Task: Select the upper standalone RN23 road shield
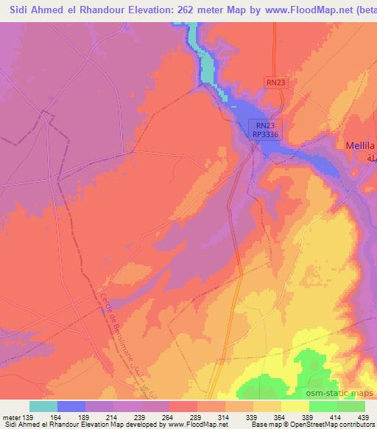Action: click(x=275, y=83)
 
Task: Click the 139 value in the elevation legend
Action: click(x=29, y=419)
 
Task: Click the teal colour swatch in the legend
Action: click(x=43, y=406)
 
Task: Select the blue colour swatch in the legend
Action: click(x=71, y=406)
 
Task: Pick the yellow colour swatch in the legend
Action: click(x=295, y=406)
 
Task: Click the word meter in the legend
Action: click(x=11, y=419)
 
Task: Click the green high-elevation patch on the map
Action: click(x=324, y=369)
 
